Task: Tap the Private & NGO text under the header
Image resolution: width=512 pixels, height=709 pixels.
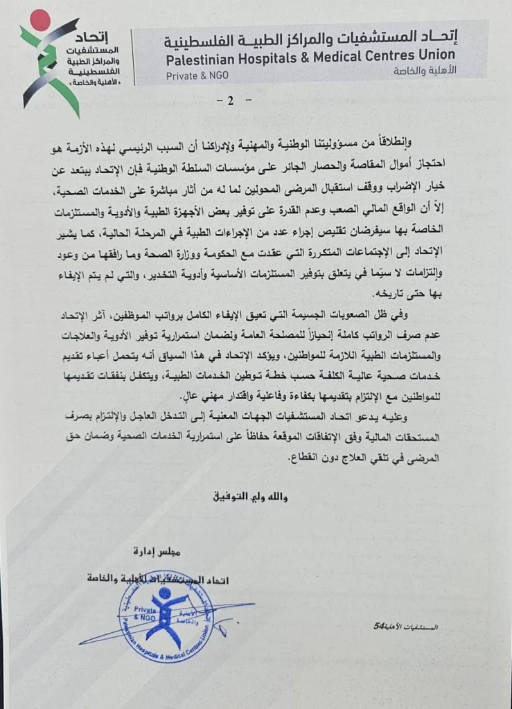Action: pyautogui.click(x=192, y=75)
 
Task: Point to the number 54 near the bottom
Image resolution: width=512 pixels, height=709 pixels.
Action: pyautogui.click(x=378, y=625)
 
